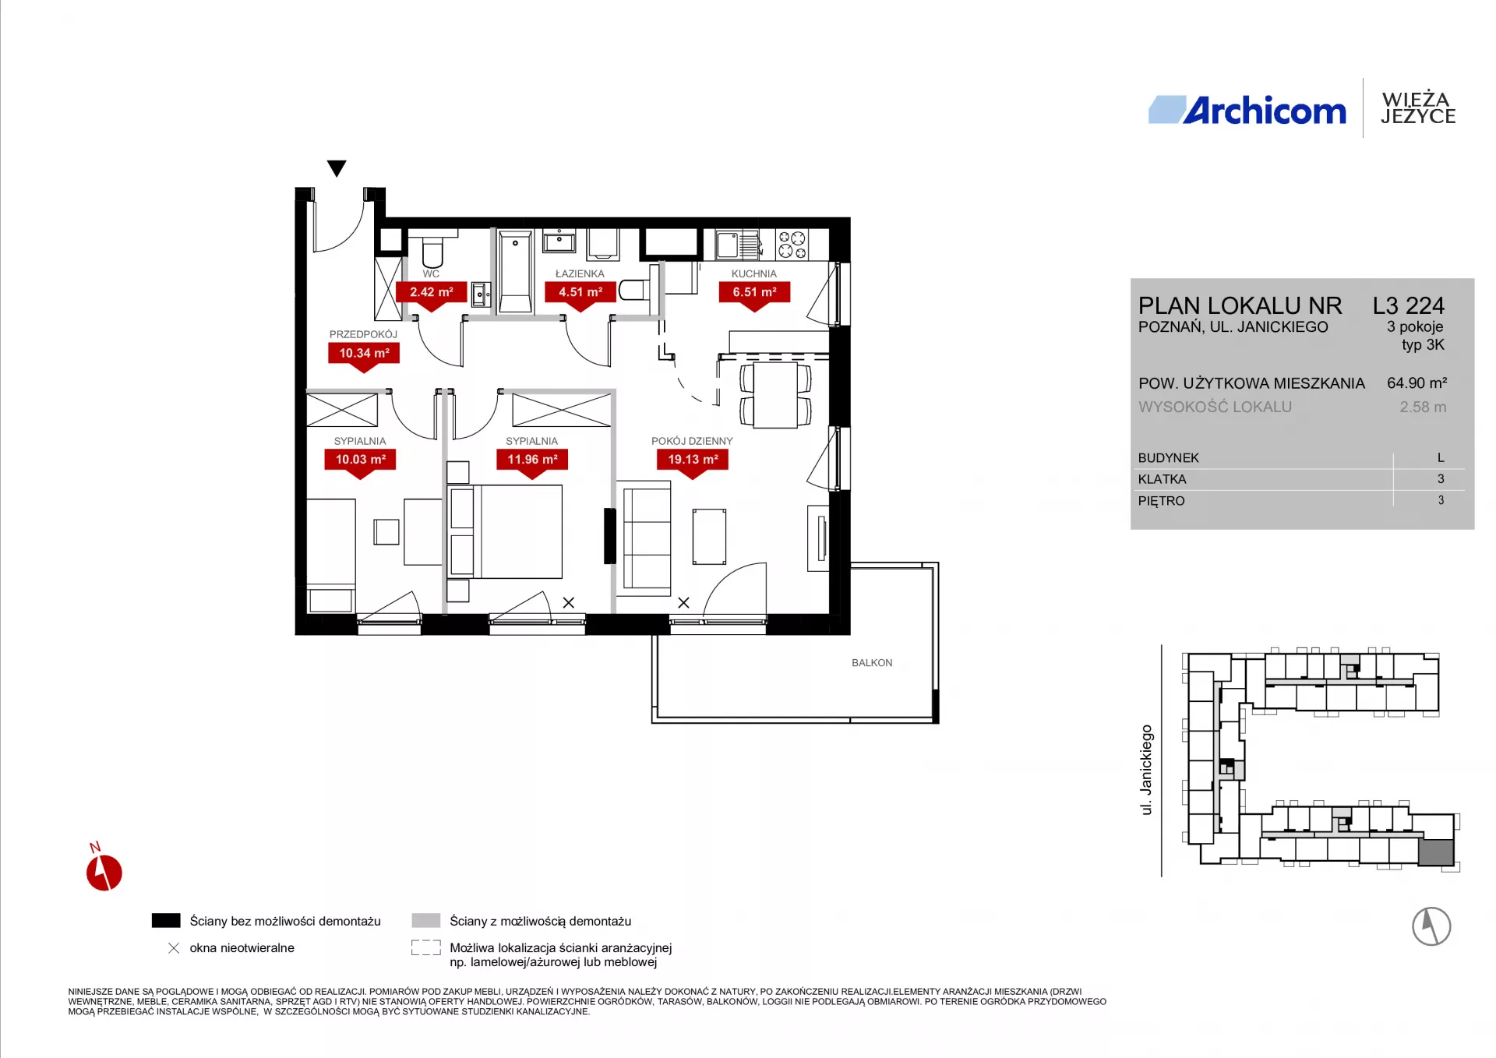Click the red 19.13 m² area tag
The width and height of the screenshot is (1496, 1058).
click(x=693, y=460)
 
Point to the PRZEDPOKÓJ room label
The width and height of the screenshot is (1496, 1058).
click(x=363, y=334)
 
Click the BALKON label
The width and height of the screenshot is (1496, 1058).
click(x=872, y=663)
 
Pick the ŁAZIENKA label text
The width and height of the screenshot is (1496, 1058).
click(x=580, y=274)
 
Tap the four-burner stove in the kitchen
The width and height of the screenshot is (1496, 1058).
click(x=792, y=245)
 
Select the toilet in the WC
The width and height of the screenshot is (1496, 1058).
click(x=432, y=249)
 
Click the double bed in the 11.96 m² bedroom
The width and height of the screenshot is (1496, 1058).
click(x=506, y=532)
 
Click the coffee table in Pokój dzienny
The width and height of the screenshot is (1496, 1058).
click(x=709, y=537)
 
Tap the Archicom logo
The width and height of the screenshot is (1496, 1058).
click(x=1247, y=111)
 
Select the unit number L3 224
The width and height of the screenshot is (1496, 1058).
click(x=1409, y=305)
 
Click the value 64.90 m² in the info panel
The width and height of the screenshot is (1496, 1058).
click(x=1417, y=383)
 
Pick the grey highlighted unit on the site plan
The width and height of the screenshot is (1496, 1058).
click(x=1435, y=853)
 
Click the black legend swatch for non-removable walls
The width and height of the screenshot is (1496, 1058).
click(x=166, y=921)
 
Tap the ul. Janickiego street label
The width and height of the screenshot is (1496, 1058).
click(x=1146, y=770)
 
